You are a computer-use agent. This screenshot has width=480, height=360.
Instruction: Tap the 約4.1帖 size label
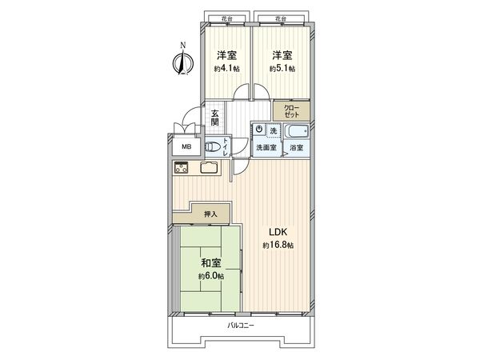(x=226, y=69)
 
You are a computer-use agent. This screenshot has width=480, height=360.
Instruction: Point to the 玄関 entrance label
(x=215, y=118)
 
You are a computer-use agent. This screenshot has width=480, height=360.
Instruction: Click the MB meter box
(x=186, y=148)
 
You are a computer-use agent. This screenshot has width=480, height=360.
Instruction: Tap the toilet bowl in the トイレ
(x=210, y=146)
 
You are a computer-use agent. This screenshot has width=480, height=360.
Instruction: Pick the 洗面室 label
(x=266, y=148)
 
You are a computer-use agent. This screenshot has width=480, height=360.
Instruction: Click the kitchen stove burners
(x=182, y=168)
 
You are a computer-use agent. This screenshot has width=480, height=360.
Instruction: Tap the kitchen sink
(x=208, y=168)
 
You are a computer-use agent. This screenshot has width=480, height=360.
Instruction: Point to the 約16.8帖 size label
(x=278, y=245)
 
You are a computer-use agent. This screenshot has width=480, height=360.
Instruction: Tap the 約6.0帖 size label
(x=211, y=275)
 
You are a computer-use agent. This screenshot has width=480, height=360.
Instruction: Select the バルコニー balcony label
(x=240, y=326)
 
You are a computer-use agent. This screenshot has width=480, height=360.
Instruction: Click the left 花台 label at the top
(x=226, y=17)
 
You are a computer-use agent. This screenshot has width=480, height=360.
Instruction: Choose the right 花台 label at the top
(x=281, y=17)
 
